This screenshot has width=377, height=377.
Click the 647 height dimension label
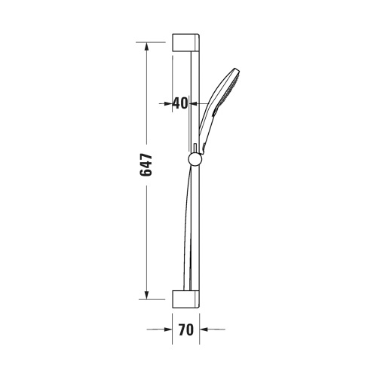click(x=147, y=166)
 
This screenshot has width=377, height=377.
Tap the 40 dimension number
click(x=180, y=103)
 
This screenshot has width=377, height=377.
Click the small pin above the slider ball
click(x=195, y=146)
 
